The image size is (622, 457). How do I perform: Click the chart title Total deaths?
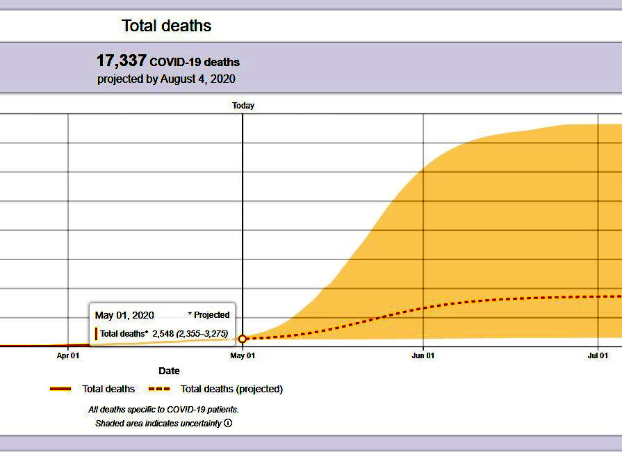[x=166, y=26]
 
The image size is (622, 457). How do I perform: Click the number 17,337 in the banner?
[x=122, y=61]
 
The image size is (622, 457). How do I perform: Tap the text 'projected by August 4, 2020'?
[x=166, y=79]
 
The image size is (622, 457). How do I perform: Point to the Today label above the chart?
[x=243, y=106]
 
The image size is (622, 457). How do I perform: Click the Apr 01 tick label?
[x=68, y=355]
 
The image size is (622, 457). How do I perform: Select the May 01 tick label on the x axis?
[x=243, y=355]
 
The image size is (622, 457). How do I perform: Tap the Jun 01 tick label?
[x=423, y=355]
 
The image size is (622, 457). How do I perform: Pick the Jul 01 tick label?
[x=598, y=355]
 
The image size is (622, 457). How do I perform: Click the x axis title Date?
[x=169, y=371]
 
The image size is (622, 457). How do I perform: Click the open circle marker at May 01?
[x=243, y=339]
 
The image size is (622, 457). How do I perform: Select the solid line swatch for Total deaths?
[x=60, y=389]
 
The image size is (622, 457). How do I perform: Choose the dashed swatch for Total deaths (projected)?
[x=159, y=389]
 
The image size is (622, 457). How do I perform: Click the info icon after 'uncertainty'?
[x=228, y=423]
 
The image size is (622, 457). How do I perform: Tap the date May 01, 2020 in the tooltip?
[x=124, y=315]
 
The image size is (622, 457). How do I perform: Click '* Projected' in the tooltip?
[x=208, y=315]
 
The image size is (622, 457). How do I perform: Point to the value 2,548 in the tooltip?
[x=163, y=333]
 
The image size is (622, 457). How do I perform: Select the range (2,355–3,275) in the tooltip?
[x=202, y=333]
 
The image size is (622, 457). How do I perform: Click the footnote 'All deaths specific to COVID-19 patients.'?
[x=163, y=410]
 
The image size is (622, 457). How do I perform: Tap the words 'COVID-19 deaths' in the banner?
[x=195, y=63]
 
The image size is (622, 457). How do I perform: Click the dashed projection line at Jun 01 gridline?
[x=423, y=308]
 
